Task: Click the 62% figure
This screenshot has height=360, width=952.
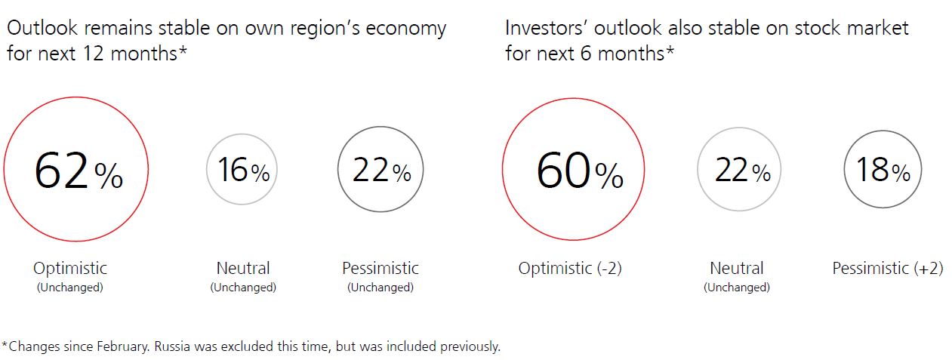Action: coord(79,171)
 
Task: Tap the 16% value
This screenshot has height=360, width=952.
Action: coord(244,170)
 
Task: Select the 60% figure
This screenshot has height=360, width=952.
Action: coord(580,171)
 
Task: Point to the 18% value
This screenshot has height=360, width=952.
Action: coord(883,170)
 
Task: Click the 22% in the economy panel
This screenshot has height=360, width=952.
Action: coord(382,170)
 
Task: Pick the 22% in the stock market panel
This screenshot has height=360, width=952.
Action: coord(742,170)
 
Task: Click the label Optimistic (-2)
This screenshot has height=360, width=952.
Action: coord(570,268)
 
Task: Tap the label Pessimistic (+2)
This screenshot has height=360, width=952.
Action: coord(887,268)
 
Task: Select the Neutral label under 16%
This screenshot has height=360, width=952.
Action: coord(243,268)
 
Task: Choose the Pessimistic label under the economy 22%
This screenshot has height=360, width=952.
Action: coord(380,268)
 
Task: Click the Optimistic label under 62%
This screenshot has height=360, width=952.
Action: coord(70,269)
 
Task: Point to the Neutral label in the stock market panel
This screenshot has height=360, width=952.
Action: coord(737,268)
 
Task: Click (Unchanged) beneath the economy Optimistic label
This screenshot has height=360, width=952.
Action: coord(70,288)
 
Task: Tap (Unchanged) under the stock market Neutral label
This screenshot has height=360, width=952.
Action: coord(737,288)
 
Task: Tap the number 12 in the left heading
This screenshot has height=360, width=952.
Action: coord(93,54)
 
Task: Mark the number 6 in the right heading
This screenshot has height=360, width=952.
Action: coord(586,54)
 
